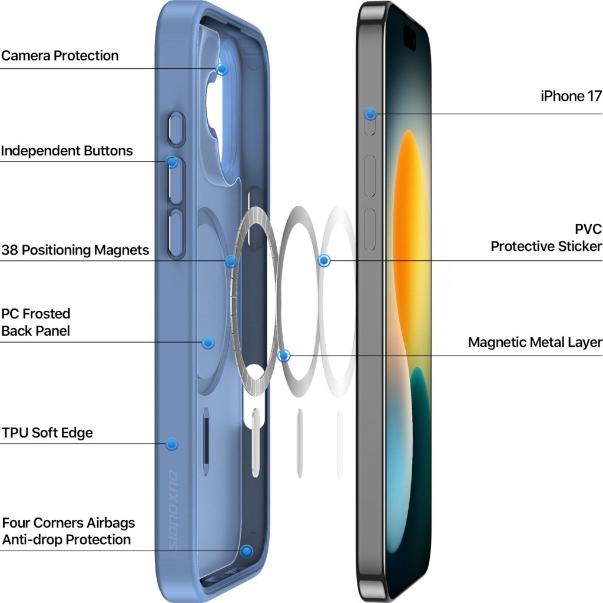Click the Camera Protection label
pyautogui.click(x=59, y=56)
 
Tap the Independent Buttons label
pyautogui.click(x=67, y=151)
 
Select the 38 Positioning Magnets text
pyautogui.click(x=75, y=250)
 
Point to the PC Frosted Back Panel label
pyautogui.click(x=36, y=322)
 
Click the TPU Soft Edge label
pyautogui.click(x=47, y=433)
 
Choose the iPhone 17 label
pyautogui.click(x=571, y=96)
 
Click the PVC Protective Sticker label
pyautogui.click(x=546, y=237)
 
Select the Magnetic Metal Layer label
pyautogui.click(x=535, y=343)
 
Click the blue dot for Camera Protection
pyautogui.click(x=222, y=69)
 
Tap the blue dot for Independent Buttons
pyautogui.click(x=172, y=162)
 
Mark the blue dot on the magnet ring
pyautogui.click(x=231, y=261)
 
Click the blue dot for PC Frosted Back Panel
pyautogui.click(x=207, y=342)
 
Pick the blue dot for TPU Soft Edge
pyautogui.click(x=171, y=443)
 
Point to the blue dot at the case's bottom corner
pyautogui.click(x=247, y=551)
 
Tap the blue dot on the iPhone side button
pyautogui.click(x=370, y=114)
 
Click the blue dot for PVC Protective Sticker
pyautogui.click(x=324, y=260)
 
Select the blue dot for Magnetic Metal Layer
pyautogui.click(x=284, y=356)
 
